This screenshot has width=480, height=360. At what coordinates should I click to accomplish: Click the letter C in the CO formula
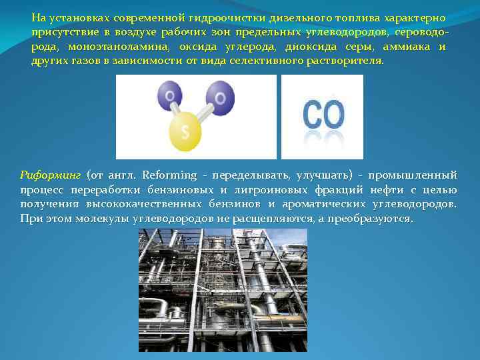[x=313, y=115]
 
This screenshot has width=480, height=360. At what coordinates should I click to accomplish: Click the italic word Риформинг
[x=51, y=175]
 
